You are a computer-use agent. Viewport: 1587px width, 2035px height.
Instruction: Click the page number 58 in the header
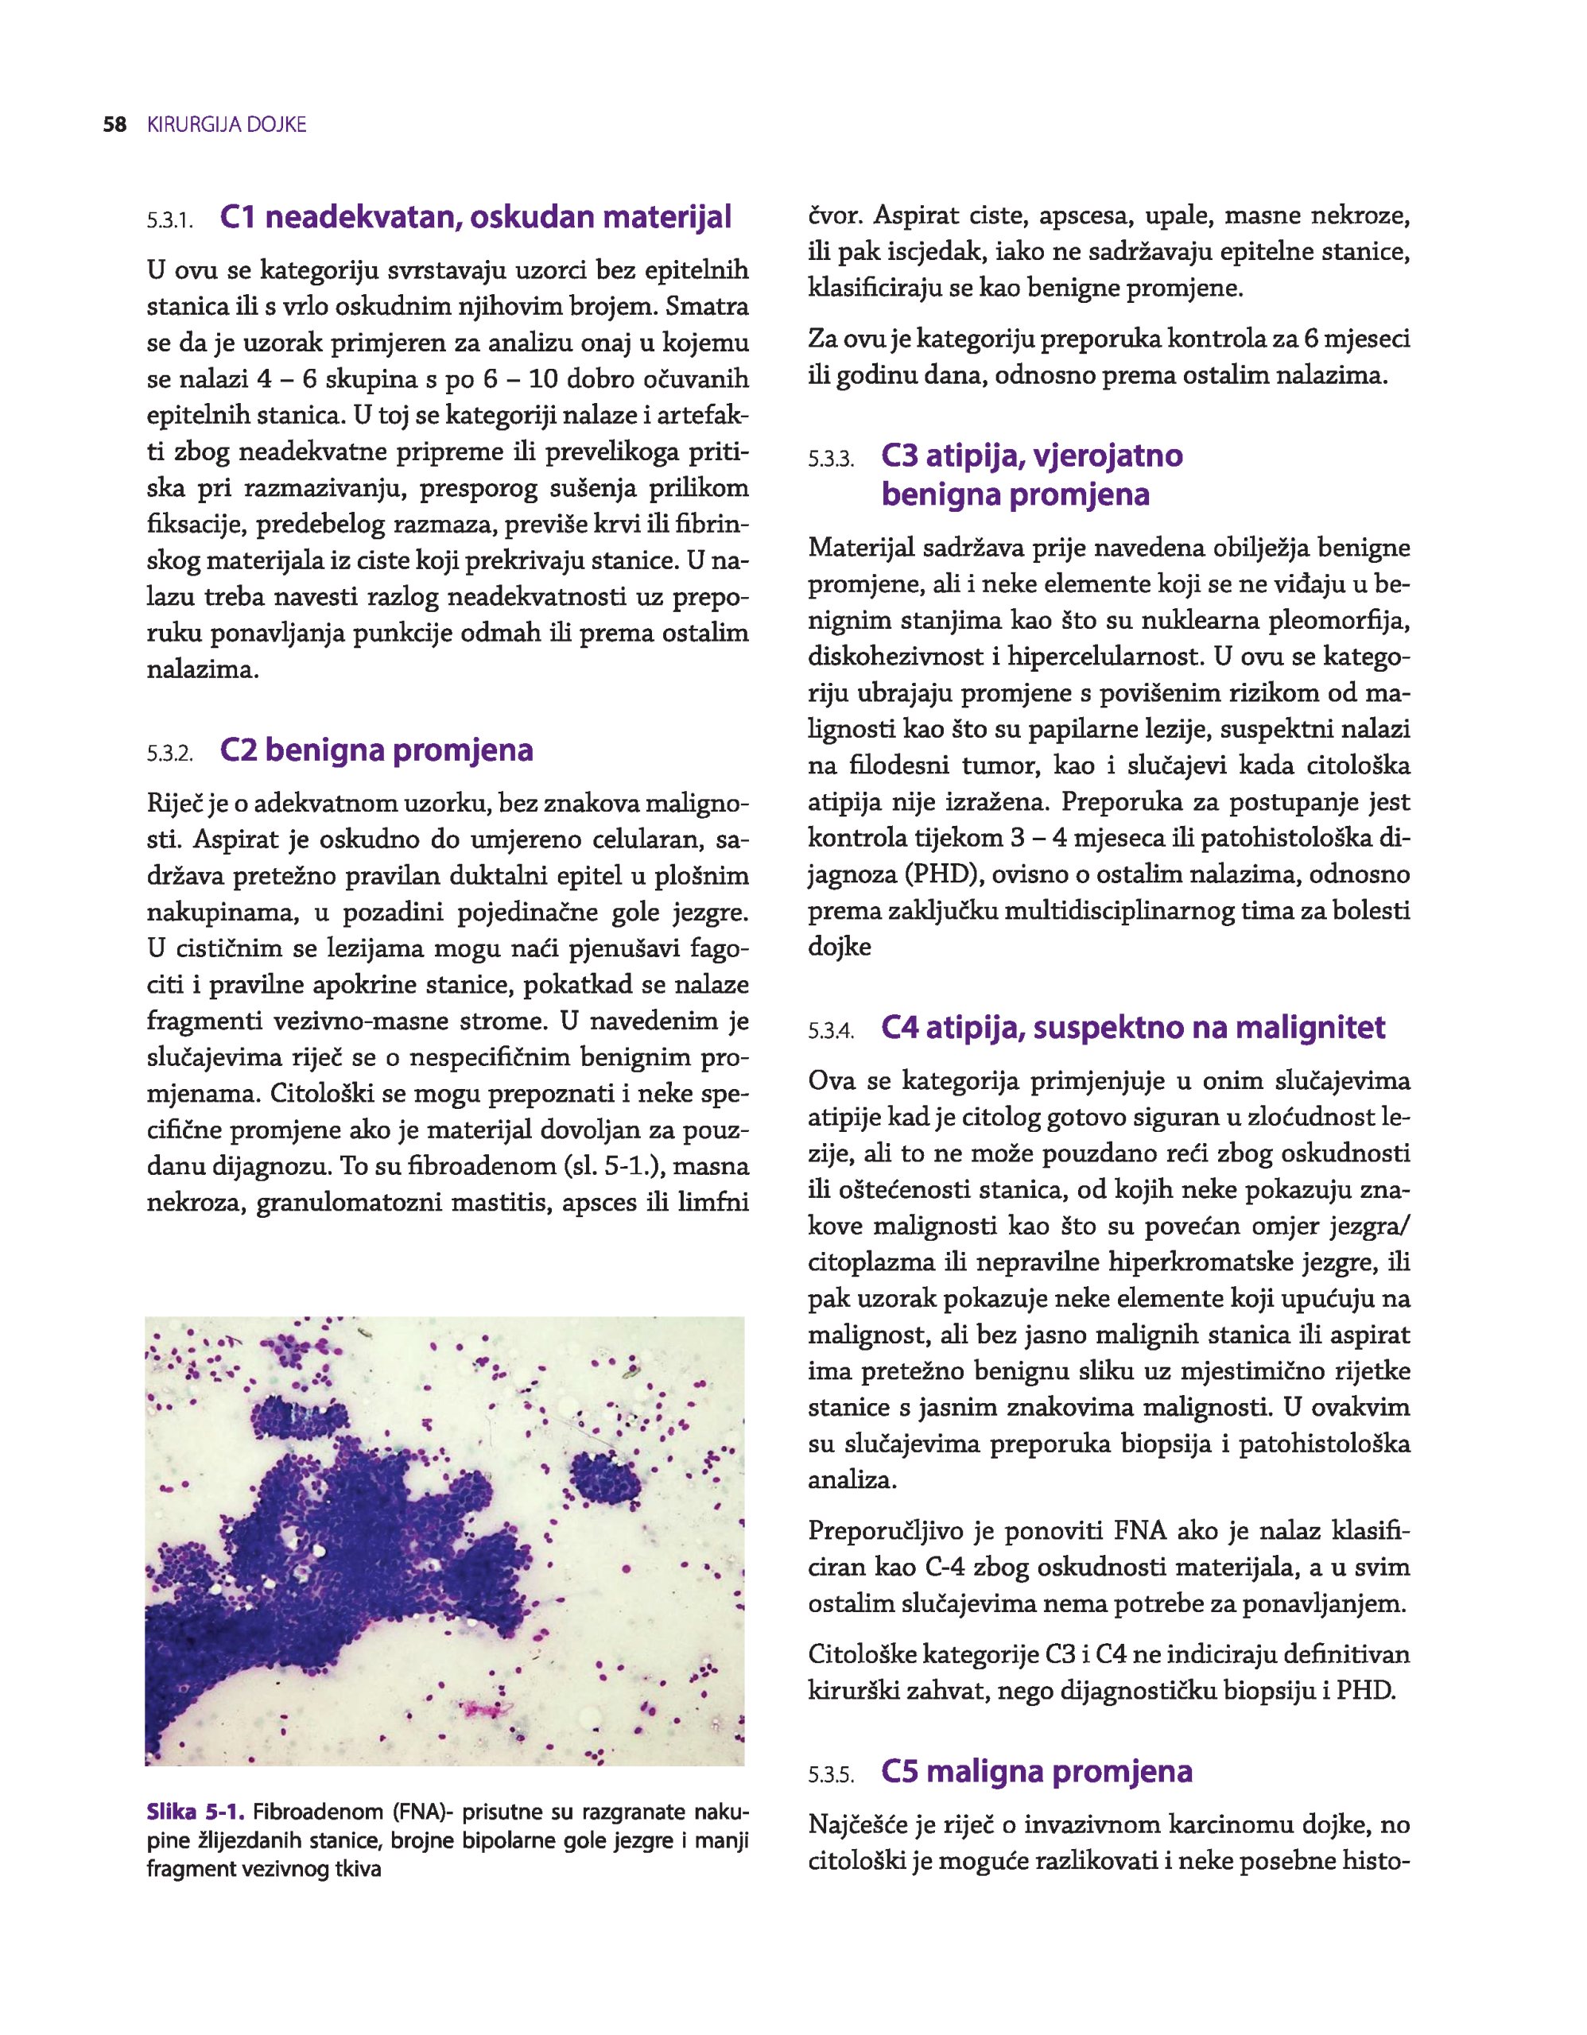click(114, 125)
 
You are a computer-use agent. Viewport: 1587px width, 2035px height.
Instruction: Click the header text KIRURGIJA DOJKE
click(227, 125)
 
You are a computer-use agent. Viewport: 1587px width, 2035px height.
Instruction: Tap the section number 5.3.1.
click(169, 221)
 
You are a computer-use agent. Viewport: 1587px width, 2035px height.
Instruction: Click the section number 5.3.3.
click(830, 459)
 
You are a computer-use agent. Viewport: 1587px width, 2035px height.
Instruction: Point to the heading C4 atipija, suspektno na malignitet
click(1132, 1027)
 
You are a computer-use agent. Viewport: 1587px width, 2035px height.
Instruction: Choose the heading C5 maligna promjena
click(1036, 1770)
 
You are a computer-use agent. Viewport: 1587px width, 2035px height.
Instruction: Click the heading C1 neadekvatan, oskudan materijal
click(475, 217)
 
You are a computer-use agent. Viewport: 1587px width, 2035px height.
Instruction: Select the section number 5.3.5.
click(830, 1775)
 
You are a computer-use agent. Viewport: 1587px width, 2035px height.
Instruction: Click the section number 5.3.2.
click(169, 754)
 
